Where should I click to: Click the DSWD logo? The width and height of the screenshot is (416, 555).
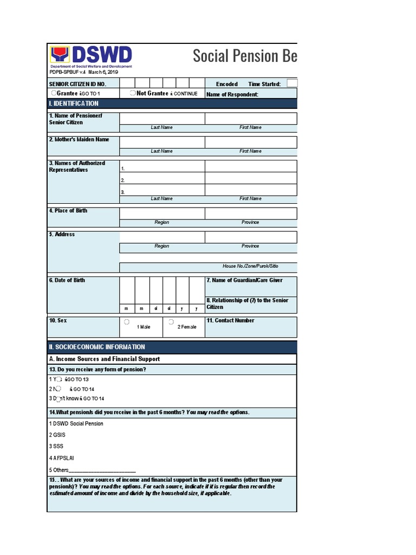pyautogui.click(x=90, y=56)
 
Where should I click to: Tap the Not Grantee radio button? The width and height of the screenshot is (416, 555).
pyautogui.click(x=133, y=93)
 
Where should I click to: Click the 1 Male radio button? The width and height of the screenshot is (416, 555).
pyautogui.click(x=126, y=322)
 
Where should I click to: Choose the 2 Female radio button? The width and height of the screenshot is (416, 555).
pyautogui.click(x=171, y=322)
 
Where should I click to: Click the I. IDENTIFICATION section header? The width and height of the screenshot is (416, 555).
pyautogui.click(x=74, y=104)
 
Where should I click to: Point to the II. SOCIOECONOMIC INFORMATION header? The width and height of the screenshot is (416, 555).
pyautogui.click(x=97, y=347)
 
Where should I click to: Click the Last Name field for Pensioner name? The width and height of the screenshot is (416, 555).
pyautogui.click(x=162, y=119)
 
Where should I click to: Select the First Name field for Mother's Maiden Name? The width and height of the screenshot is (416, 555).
pyautogui.click(x=250, y=142)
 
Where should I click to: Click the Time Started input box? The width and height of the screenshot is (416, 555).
pyautogui.click(x=292, y=83)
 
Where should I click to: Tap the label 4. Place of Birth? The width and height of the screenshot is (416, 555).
pyautogui.click(x=68, y=211)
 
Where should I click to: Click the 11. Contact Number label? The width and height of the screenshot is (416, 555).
pyautogui.click(x=230, y=320)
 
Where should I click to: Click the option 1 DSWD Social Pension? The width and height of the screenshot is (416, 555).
pyautogui.click(x=76, y=424)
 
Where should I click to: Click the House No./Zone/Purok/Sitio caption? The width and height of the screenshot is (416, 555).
pyautogui.click(x=250, y=267)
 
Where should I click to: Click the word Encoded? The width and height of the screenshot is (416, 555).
pyautogui.click(x=226, y=84)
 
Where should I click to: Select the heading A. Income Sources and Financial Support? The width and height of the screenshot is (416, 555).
pyautogui.click(x=105, y=359)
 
